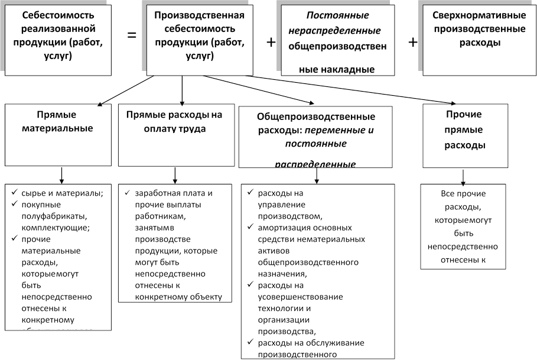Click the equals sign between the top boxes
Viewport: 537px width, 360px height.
[x=132, y=35]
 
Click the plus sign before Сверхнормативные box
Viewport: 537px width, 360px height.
[x=413, y=43]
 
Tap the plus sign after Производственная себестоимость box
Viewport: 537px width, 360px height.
[x=271, y=43]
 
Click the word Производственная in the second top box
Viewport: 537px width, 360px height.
[x=199, y=15]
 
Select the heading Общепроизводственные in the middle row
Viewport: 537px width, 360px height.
[x=316, y=116]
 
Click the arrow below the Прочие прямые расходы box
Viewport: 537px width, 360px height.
[x=463, y=176]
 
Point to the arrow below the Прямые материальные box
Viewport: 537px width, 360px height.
[x=61, y=174]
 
